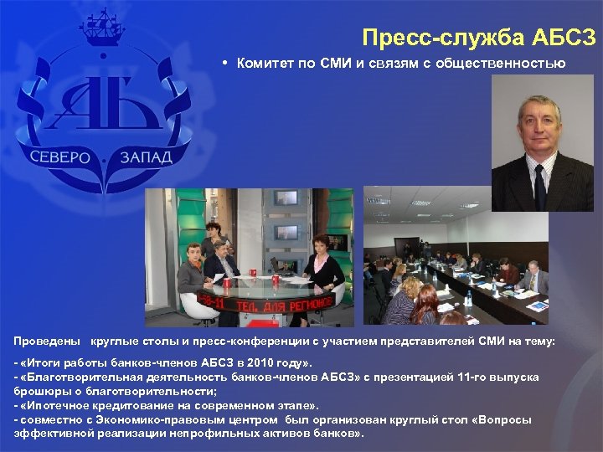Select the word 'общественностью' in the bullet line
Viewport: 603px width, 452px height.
[511, 64]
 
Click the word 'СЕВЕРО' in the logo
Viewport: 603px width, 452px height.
[60, 157]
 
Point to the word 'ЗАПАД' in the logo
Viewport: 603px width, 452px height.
[145, 157]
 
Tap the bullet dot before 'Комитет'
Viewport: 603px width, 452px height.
[225, 64]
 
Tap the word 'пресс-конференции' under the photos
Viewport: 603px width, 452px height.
[266, 342]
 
